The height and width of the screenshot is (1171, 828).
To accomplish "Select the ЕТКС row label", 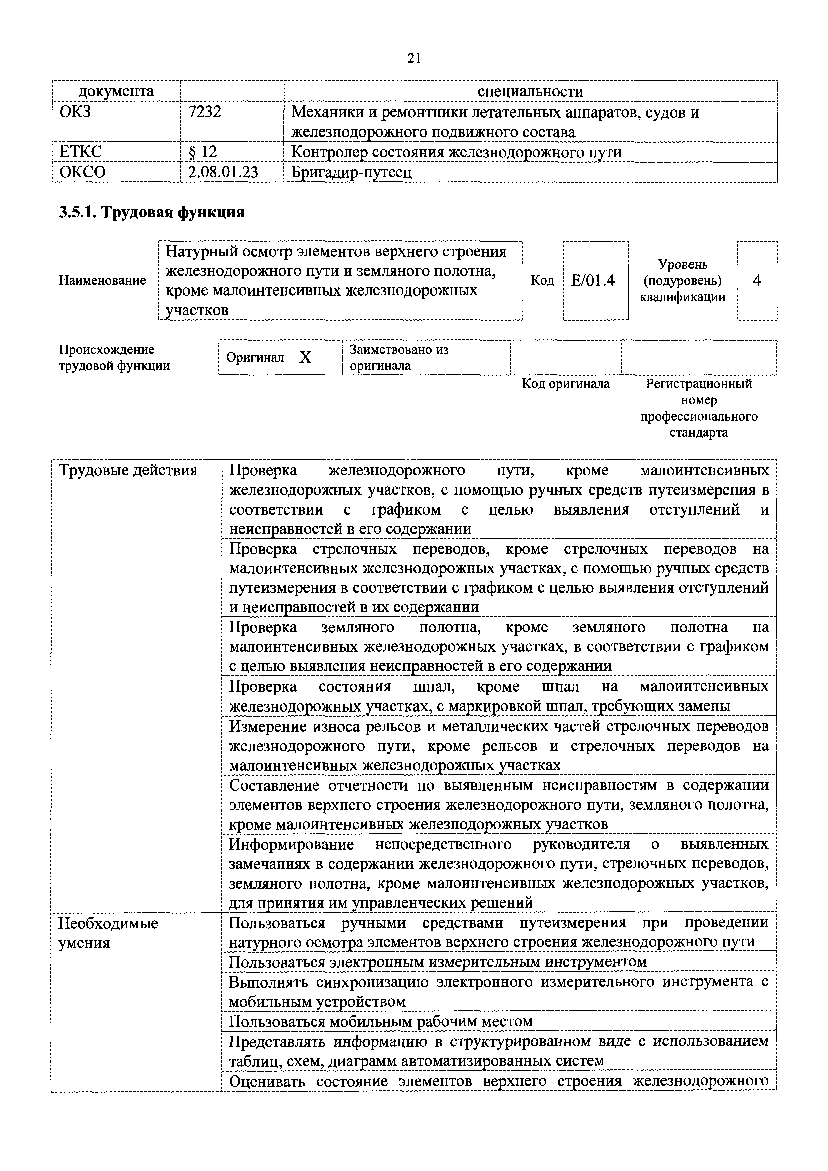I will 80,152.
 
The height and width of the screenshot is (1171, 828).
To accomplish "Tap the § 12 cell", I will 203,152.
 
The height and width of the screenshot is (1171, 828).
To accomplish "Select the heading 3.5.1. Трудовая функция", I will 152,212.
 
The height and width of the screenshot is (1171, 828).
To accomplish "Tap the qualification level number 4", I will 757,280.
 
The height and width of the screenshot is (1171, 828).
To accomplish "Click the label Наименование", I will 102,280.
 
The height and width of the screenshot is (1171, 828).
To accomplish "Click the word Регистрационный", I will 699,384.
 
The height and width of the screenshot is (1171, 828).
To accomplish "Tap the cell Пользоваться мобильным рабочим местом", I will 380,1021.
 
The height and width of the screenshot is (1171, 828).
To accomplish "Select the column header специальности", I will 530,91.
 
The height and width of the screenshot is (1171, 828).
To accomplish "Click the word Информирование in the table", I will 291,844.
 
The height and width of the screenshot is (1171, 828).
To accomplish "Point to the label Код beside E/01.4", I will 542,280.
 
